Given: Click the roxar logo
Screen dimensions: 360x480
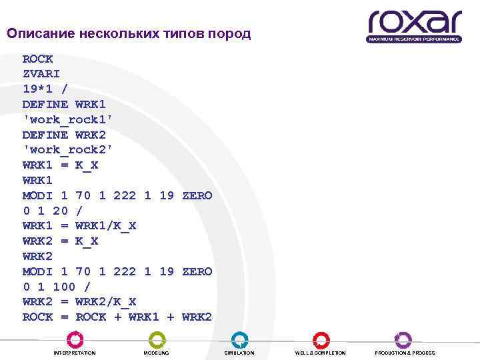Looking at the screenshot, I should tap(413, 23).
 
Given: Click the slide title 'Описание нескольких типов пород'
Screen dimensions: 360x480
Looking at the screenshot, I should tap(129, 33).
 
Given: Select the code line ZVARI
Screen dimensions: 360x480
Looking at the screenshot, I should tap(42, 73).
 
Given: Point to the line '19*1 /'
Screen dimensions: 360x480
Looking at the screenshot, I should tap(45, 89).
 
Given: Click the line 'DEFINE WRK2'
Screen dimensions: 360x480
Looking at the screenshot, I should tap(64, 135).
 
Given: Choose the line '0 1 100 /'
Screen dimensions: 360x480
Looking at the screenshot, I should tap(57, 287).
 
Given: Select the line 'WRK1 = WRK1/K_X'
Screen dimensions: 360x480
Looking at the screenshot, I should tap(79, 226).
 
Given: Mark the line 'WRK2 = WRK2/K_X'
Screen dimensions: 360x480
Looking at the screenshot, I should tap(79, 302).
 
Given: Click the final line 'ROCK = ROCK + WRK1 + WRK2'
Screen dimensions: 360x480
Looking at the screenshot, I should tap(117, 317).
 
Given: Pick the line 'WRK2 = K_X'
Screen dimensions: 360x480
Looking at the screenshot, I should tap(61, 241).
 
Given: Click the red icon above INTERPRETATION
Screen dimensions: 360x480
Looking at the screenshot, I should tap(75, 339).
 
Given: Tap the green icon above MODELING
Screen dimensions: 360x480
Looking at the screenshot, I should tap(157, 339).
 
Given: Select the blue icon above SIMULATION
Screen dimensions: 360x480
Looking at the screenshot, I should tap(239, 339).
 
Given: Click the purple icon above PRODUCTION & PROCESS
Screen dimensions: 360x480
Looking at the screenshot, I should tap(403, 339).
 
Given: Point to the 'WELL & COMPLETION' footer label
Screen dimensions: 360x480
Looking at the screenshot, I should tap(321, 353).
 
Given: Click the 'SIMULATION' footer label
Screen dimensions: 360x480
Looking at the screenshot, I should tap(239, 353).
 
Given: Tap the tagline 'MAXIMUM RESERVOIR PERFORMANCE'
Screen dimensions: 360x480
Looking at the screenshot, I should tap(414, 39).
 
